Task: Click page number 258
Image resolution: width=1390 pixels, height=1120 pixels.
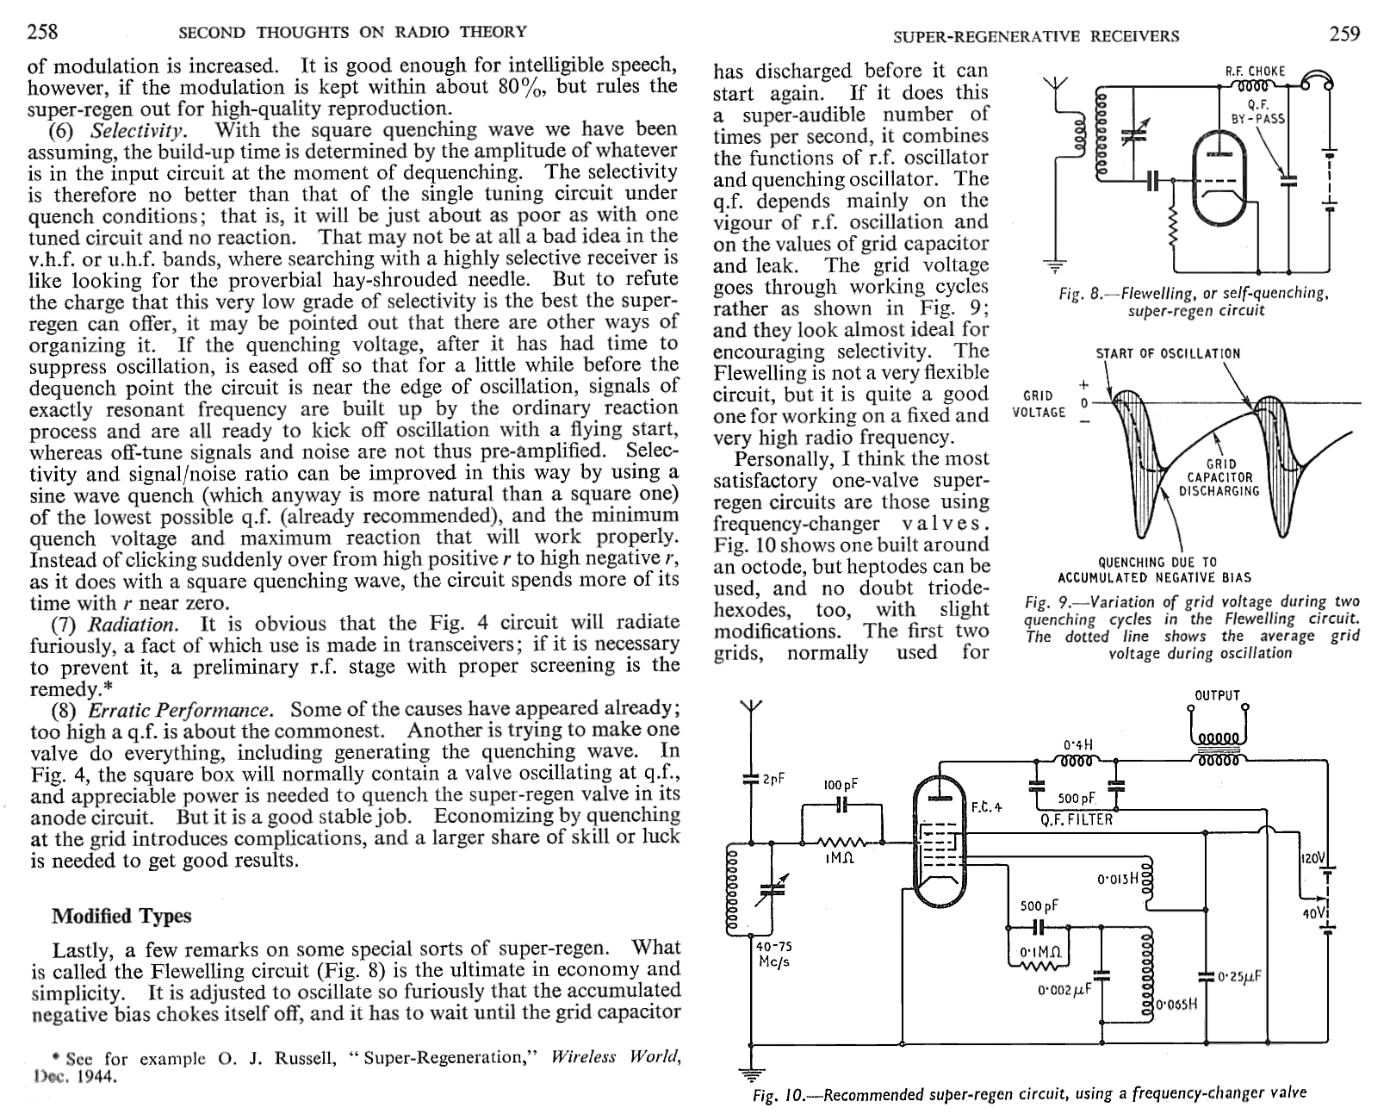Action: click(42, 32)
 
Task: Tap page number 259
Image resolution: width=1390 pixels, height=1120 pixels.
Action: click(1344, 34)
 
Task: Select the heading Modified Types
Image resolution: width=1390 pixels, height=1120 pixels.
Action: click(121, 916)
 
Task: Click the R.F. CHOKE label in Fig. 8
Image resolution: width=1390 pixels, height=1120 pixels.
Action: click(1256, 72)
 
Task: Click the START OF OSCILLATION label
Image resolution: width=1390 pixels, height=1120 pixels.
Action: click(1168, 353)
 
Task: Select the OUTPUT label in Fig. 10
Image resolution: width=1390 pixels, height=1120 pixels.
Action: click(1217, 695)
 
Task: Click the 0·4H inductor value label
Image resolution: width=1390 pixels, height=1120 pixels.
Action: click(1077, 744)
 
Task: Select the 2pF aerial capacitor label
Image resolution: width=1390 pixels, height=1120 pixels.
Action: click(773, 780)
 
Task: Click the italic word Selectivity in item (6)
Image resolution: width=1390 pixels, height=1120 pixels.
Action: click(138, 131)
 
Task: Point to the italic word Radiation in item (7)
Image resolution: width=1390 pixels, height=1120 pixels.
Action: click(134, 625)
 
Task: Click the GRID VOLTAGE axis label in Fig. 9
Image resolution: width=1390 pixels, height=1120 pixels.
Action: click(1038, 403)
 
